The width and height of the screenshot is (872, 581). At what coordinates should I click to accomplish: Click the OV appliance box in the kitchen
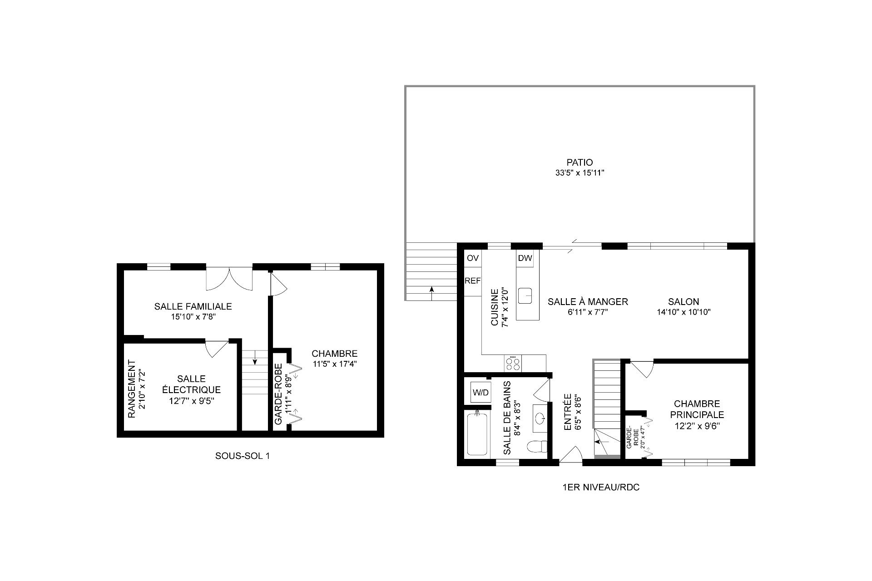pyautogui.click(x=472, y=258)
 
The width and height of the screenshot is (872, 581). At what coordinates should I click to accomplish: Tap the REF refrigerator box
pyautogui.click(x=472, y=281)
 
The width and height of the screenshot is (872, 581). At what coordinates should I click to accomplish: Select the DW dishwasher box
pyautogui.click(x=525, y=258)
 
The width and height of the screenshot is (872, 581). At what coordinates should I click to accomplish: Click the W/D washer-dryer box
pyautogui.click(x=481, y=392)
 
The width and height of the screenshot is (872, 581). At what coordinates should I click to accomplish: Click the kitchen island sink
pyautogui.click(x=527, y=295)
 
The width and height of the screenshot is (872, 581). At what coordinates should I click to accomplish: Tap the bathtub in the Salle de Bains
pyautogui.click(x=477, y=433)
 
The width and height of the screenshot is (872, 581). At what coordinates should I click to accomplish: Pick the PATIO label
pyautogui.click(x=580, y=162)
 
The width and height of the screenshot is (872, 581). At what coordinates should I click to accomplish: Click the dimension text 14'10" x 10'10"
pyautogui.click(x=684, y=312)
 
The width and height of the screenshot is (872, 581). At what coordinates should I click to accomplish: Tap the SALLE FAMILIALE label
pyautogui.click(x=193, y=306)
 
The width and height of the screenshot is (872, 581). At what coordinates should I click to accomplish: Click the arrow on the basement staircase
pyautogui.click(x=255, y=358)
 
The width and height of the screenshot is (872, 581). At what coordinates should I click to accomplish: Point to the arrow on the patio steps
pyautogui.click(x=431, y=293)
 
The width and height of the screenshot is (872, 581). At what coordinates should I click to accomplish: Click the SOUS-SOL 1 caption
pyautogui.click(x=243, y=456)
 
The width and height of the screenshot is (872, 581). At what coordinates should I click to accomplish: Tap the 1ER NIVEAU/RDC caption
pyautogui.click(x=600, y=487)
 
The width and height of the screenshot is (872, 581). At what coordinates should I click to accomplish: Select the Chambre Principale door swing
pyautogui.click(x=642, y=369)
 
